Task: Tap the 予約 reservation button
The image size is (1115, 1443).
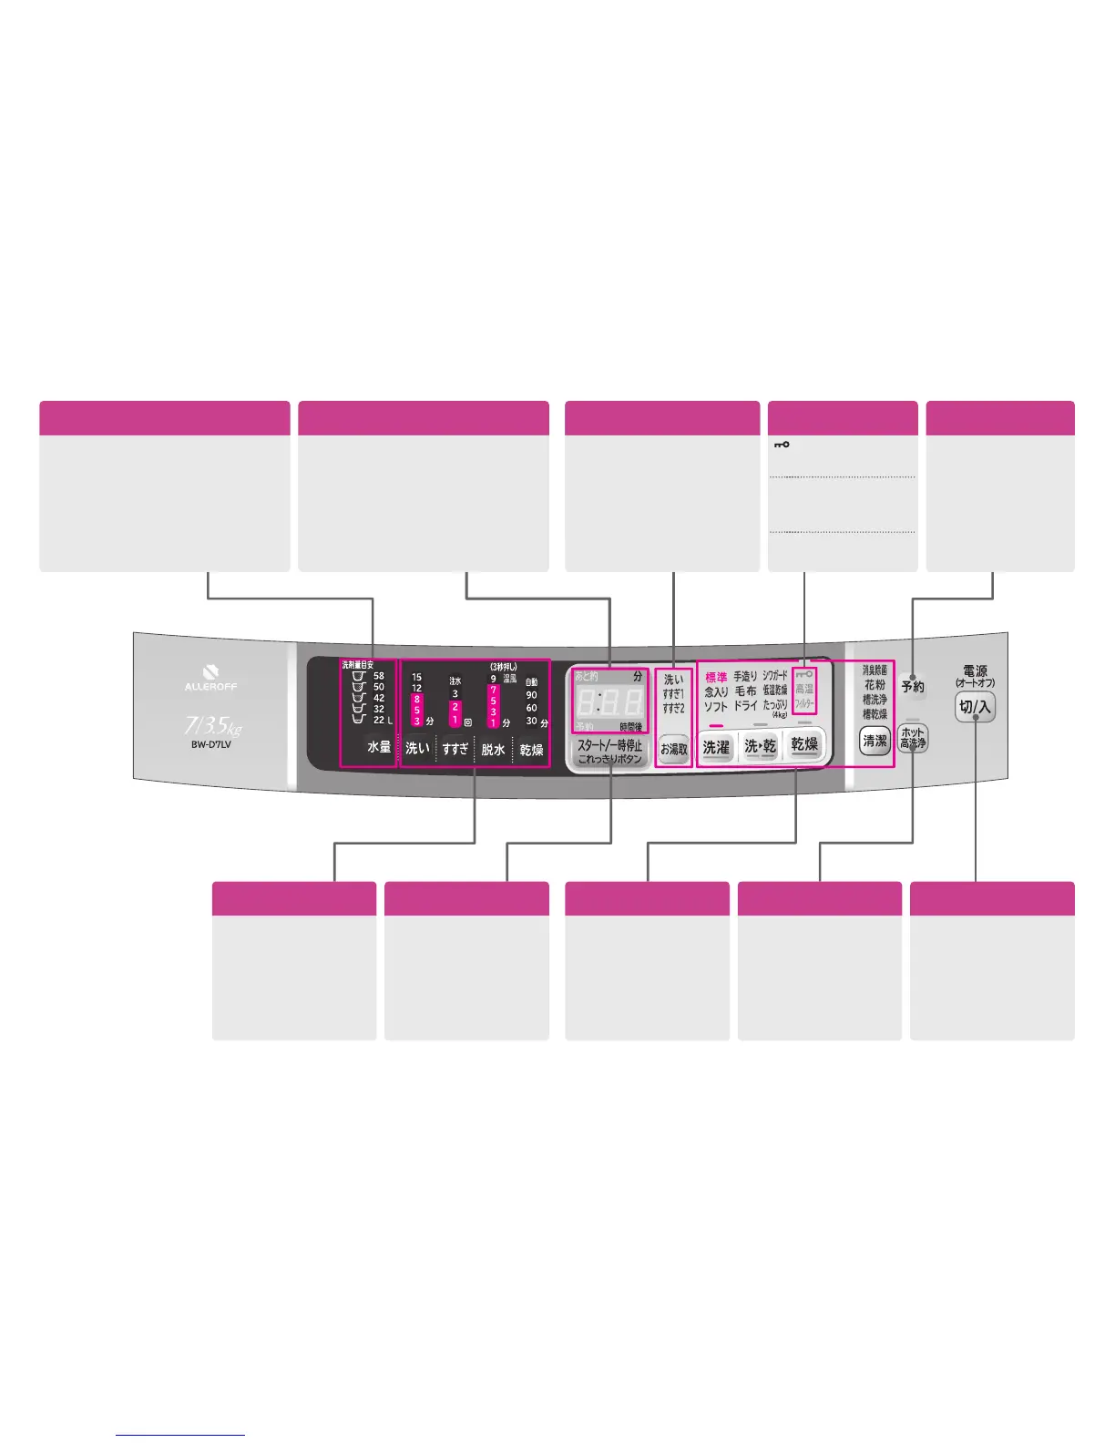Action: [x=912, y=687]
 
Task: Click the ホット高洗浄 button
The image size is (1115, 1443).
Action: [x=913, y=738]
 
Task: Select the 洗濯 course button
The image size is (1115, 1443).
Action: [x=716, y=747]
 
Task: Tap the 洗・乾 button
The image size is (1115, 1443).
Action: [x=760, y=746]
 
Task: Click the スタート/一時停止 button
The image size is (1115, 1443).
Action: [x=609, y=752]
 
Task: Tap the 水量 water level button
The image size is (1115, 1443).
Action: [x=379, y=747]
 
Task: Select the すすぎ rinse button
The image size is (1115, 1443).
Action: [x=455, y=749]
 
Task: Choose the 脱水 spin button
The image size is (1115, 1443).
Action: [x=493, y=749]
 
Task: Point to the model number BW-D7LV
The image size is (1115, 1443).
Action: [x=210, y=744]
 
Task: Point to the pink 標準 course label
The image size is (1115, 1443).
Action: [x=716, y=678]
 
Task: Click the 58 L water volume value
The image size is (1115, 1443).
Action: [x=379, y=676]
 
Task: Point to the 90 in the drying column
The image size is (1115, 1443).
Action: [x=531, y=694]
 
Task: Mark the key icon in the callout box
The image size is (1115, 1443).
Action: [x=782, y=445]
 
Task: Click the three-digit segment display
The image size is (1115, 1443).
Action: [x=609, y=702]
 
